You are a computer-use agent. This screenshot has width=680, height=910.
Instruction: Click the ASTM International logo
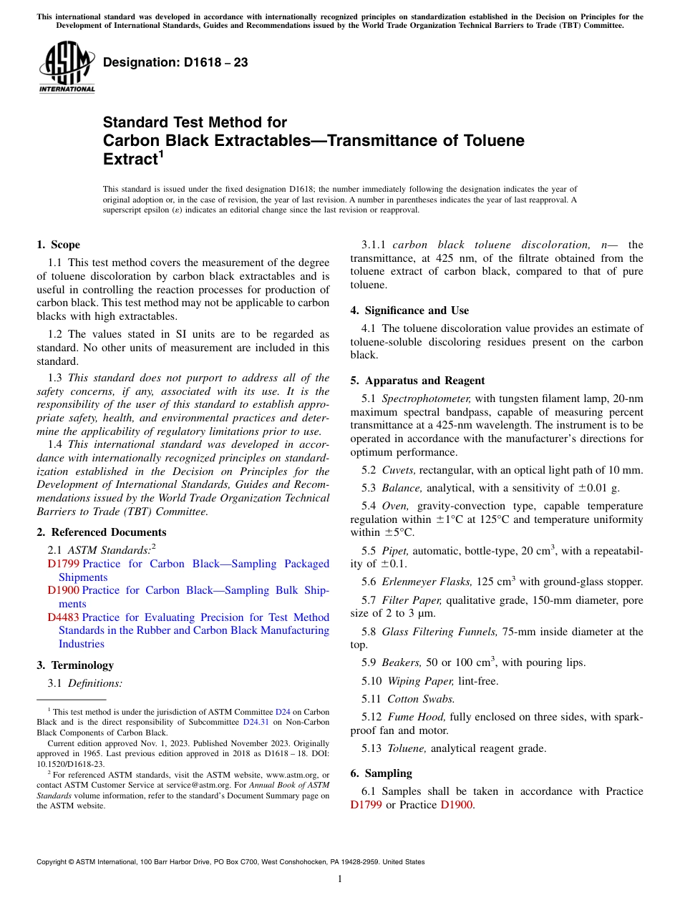pyautogui.click(x=67, y=68)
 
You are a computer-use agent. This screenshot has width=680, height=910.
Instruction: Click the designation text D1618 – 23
pyautogui.click(x=176, y=63)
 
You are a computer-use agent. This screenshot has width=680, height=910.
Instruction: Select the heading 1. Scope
pyautogui.click(x=59, y=245)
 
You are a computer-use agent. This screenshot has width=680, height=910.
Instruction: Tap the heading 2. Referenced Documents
pyautogui.click(x=102, y=532)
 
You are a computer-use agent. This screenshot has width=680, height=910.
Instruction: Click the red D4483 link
pyautogui.click(x=63, y=617)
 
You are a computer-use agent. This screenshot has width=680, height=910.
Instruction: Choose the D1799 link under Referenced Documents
pyautogui.click(x=63, y=564)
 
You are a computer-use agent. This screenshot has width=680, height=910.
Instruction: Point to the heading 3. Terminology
pyautogui.click(x=75, y=665)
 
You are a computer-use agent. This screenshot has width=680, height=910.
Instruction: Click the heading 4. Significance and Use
pyautogui.click(x=410, y=310)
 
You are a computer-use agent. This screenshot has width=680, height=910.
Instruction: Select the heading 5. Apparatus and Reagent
pyautogui.click(x=417, y=381)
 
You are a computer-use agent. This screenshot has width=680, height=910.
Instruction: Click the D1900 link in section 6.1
pyautogui.click(x=457, y=805)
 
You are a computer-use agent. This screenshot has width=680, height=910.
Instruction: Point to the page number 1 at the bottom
pyautogui.click(x=340, y=879)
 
